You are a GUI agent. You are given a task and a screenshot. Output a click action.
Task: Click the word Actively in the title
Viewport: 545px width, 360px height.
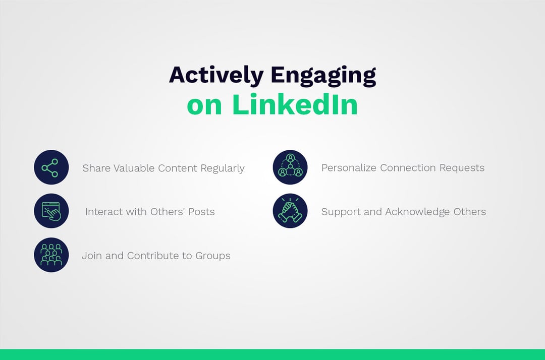point(216,75)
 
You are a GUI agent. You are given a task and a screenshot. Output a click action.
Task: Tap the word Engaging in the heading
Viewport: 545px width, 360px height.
point(323,75)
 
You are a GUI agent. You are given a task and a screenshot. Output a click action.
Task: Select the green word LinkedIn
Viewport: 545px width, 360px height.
point(295,105)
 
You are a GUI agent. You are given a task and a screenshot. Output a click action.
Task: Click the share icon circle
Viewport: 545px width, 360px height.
point(51,167)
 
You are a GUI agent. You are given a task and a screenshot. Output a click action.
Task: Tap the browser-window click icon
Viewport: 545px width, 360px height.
point(51,211)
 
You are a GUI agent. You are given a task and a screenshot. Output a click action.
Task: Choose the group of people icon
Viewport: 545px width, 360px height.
point(51,255)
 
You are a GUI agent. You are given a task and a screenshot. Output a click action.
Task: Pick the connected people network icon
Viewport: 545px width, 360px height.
point(290,167)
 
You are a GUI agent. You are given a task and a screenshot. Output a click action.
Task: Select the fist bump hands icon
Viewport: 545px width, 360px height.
point(290,211)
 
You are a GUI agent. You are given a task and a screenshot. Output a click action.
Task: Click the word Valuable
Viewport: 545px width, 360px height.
point(134,168)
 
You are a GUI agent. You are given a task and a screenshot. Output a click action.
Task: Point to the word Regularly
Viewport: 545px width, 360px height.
point(223,168)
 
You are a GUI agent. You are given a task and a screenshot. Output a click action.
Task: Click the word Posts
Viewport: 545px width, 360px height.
point(201,212)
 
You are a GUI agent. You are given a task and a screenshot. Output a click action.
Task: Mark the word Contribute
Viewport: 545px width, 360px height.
point(153,256)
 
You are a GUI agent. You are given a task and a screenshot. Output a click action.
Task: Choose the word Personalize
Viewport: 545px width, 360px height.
point(349,168)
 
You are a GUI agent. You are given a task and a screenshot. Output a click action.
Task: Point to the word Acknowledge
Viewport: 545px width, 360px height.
point(417,212)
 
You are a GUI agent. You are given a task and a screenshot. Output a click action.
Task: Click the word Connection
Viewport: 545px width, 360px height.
point(404,168)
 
